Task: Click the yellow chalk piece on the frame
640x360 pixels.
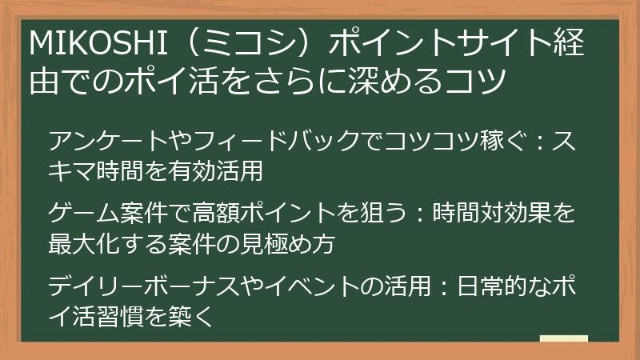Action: coord(563,338)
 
